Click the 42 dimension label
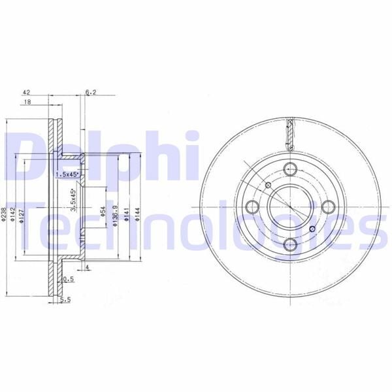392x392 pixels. pos(27,93)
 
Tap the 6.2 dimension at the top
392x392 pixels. pos(91,93)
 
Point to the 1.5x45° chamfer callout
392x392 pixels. pos(66,175)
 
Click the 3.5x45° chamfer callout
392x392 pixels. pos(74,201)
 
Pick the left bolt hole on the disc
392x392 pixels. pos(252,206)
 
